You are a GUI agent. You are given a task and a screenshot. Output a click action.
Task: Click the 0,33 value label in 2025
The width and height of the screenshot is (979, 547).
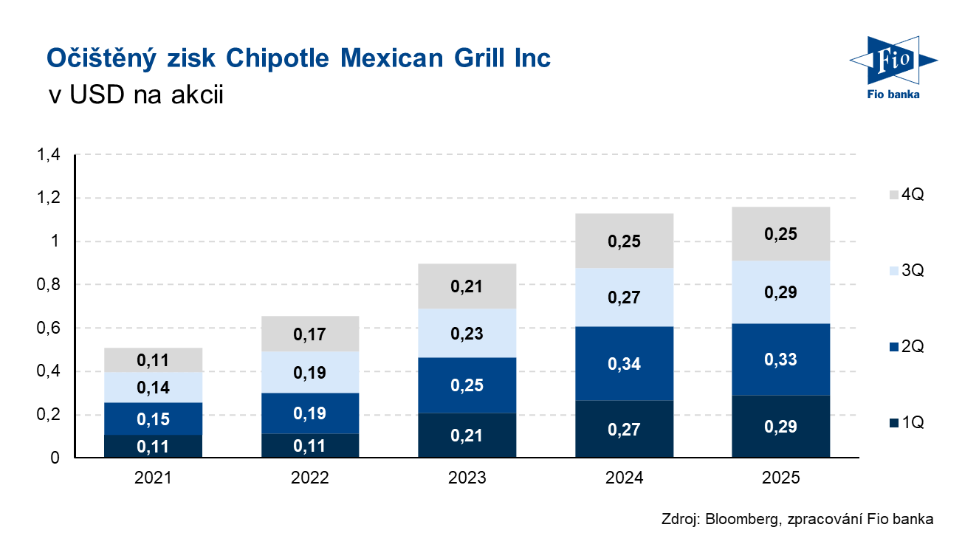coord(781,359)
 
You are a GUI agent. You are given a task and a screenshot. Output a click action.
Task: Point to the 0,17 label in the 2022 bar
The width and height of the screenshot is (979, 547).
coord(309,335)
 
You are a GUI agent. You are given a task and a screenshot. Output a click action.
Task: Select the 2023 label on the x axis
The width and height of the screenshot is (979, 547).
coord(467,478)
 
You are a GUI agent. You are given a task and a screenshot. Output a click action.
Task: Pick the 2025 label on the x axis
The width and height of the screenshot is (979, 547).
coord(781,478)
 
